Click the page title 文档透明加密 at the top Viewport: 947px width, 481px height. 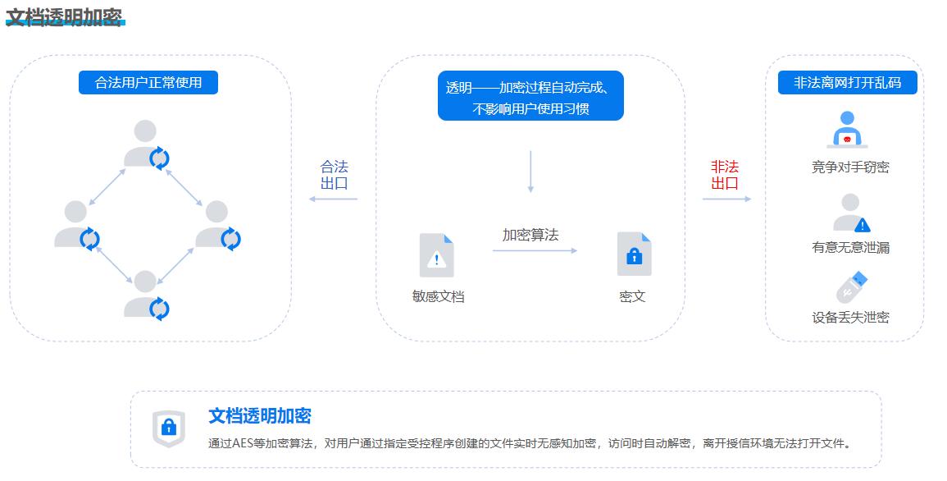point(64,17)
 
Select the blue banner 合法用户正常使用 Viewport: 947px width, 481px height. point(148,83)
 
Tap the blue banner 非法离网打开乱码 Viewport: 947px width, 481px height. point(847,83)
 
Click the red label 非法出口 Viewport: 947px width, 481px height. point(725,175)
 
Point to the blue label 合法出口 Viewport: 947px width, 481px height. point(334,175)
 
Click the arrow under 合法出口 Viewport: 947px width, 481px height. point(334,199)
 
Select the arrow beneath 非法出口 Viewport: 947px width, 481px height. point(726,199)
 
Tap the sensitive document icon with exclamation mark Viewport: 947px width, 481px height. point(437,255)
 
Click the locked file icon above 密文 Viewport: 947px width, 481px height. point(634,254)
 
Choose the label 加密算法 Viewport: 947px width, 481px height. point(530,235)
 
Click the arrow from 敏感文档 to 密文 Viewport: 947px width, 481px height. point(535,250)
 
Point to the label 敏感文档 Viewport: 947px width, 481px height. point(439,296)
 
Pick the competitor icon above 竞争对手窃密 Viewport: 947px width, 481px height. point(847,130)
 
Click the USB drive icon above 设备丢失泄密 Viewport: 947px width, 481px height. point(852,287)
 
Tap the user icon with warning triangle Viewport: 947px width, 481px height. point(852,213)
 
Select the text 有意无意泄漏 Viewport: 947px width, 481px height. point(850,247)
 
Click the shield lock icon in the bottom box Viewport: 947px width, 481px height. point(169,428)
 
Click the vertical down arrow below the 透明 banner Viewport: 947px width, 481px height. point(530,172)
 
